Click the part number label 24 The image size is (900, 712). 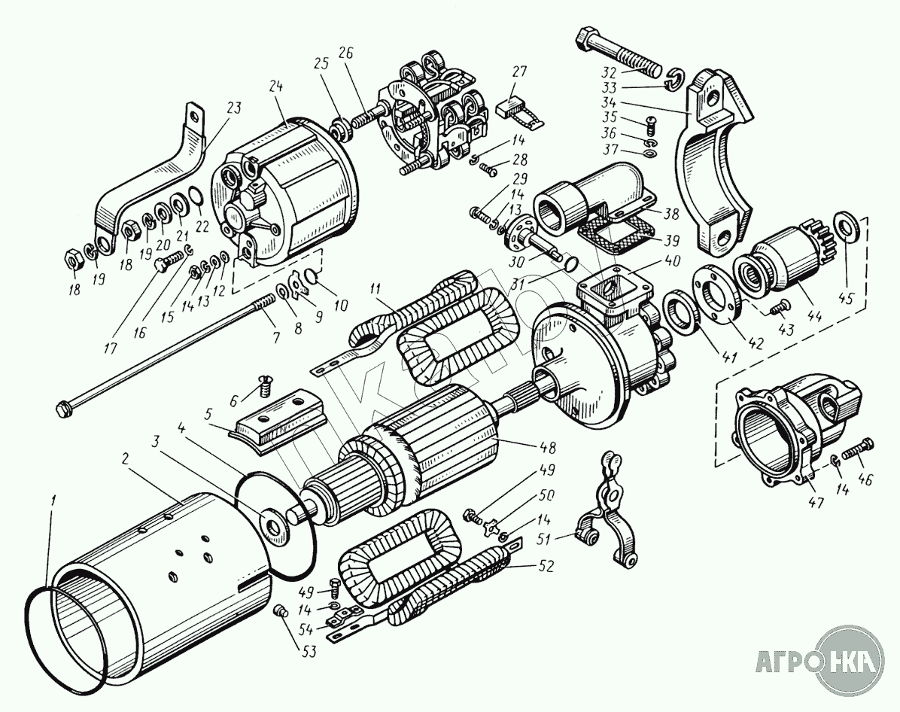pyautogui.click(x=276, y=87)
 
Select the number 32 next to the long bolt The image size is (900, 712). pyautogui.click(x=610, y=74)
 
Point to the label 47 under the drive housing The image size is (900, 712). pyautogui.click(x=816, y=503)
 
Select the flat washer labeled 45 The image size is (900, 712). pyautogui.click(x=846, y=227)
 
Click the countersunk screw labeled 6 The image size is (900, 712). pyautogui.click(x=264, y=384)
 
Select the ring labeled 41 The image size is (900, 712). pyautogui.click(x=681, y=312)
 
